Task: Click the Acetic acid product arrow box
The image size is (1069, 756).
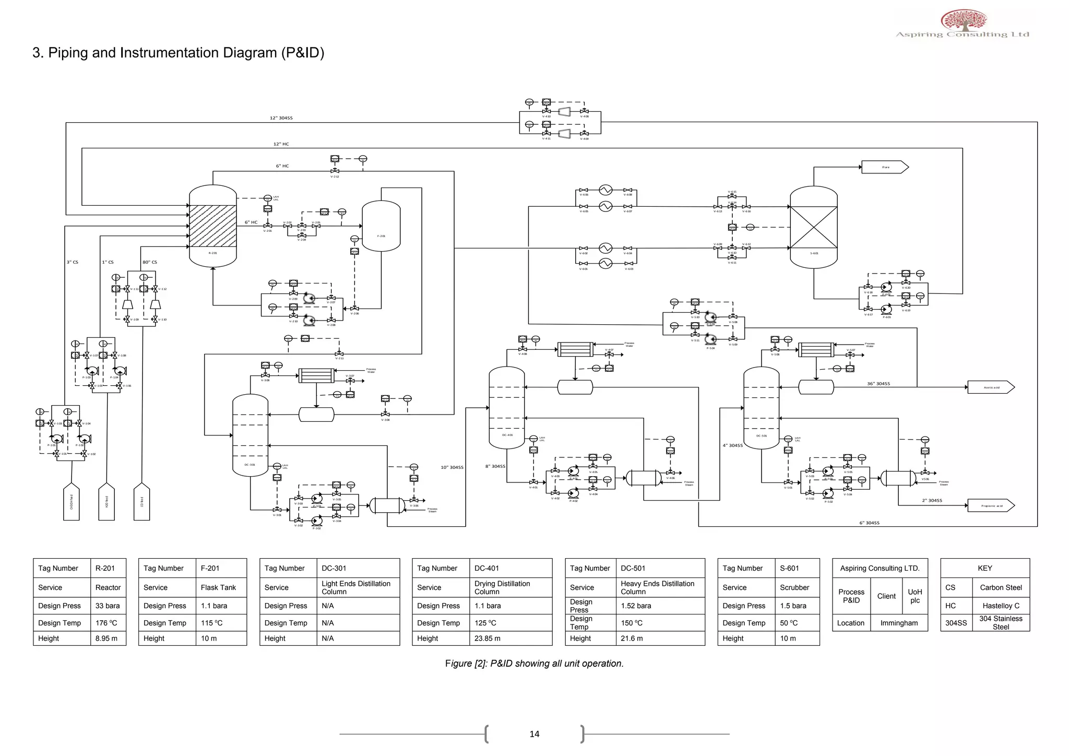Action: [x=990, y=387]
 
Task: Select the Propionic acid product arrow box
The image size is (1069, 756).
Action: [x=990, y=505]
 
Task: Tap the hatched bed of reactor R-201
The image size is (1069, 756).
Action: [x=212, y=226]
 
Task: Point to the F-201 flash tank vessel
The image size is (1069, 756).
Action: [x=381, y=226]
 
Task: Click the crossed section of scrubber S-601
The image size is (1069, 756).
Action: [x=813, y=227]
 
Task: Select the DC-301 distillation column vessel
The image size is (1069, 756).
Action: [x=250, y=434]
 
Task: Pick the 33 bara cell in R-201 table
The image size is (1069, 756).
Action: [x=108, y=606]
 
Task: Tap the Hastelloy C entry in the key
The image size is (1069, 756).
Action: [x=1000, y=606]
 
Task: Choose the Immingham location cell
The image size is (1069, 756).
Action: [x=898, y=623]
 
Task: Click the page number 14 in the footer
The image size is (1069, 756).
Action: [x=534, y=734]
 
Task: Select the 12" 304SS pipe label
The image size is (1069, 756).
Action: [x=281, y=118]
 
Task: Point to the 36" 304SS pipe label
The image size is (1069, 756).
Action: [x=878, y=384]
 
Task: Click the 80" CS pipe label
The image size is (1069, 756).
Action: [x=149, y=262]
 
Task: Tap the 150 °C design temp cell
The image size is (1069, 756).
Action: [x=632, y=623]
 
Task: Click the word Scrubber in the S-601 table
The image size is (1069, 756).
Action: [x=794, y=587]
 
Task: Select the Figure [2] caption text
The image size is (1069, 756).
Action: [x=534, y=664]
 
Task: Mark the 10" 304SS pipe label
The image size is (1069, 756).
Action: [x=452, y=467]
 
